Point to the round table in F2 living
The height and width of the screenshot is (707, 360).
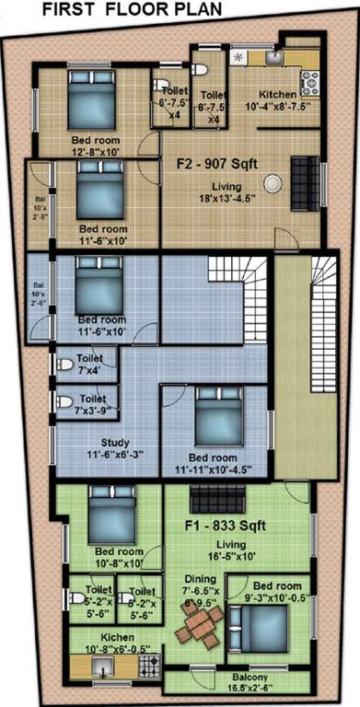pos(271,183)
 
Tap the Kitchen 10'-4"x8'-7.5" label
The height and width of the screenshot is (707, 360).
pos(276,99)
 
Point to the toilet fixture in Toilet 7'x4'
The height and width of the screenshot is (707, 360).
pos(65,365)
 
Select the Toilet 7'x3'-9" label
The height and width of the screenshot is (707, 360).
pos(92,403)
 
